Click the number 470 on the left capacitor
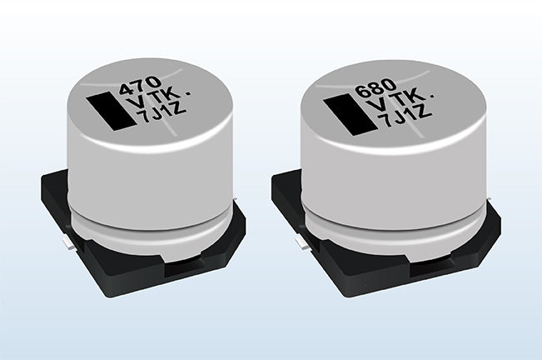coord(141,86)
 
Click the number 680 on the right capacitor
coord(376,89)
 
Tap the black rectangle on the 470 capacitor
coord(110,112)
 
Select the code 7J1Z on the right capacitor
coord(405,116)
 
